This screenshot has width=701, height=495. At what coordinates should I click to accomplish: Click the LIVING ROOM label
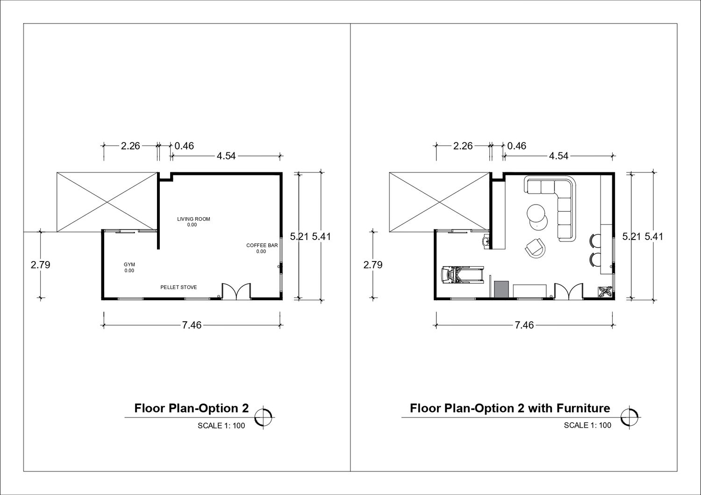[193, 219]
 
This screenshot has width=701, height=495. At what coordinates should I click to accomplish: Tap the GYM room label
[129, 264]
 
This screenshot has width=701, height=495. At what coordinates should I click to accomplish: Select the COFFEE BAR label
[262, 246]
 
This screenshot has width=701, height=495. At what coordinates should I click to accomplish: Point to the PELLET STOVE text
[179, 287]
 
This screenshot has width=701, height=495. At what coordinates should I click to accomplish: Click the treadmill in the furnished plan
[463, 275]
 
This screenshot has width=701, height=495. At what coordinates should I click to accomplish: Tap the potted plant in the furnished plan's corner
[605, 292]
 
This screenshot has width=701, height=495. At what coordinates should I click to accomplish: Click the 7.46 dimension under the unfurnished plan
[192, 325]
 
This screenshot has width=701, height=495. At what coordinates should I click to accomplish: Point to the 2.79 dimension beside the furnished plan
[373, 265]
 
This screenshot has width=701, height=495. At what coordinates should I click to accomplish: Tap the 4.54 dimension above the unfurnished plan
[226, 156]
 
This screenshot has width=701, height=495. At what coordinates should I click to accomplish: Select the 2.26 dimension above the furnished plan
[463, 146]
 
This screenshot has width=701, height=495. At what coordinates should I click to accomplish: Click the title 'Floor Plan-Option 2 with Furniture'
[510, 408]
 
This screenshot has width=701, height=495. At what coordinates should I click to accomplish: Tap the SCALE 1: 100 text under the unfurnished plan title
[221, 425]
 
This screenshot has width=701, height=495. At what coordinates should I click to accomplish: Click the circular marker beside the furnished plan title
[629, 417]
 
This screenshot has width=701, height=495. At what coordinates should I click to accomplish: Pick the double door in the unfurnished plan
[236, 291]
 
